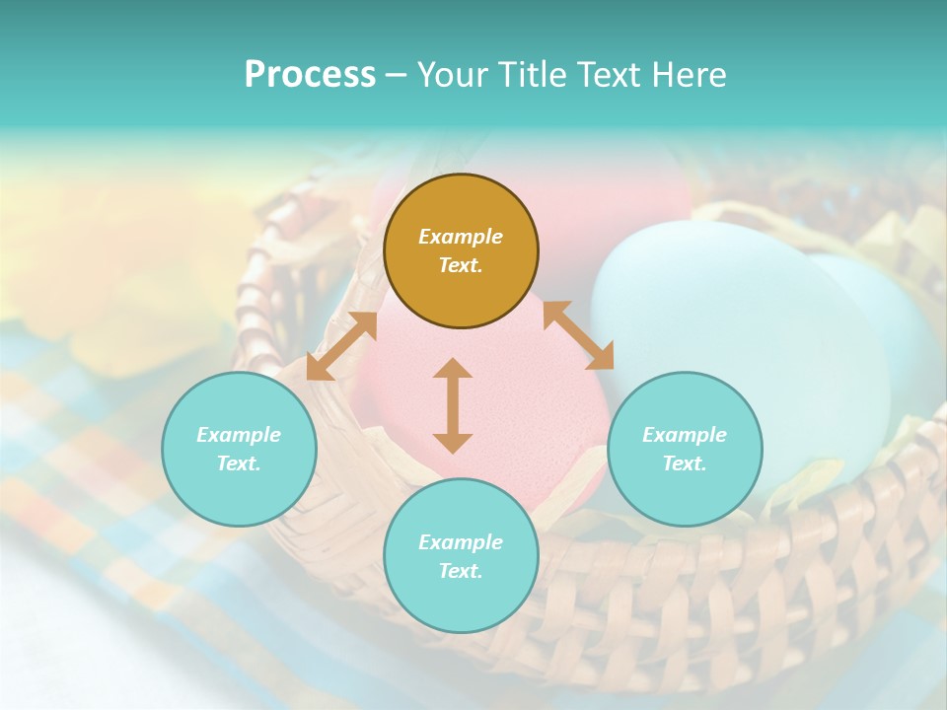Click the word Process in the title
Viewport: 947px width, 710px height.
click(310, 75)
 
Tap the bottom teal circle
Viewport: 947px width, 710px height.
click(461, 597)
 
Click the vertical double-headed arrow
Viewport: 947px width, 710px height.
click(453, 405)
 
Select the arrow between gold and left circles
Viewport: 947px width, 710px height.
click(341, 345)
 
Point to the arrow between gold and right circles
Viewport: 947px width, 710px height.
click(577, 335)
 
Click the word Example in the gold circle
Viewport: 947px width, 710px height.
click(461, 237)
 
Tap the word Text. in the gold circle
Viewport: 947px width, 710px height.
click(461, 265)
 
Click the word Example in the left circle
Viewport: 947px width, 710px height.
click(239, 435)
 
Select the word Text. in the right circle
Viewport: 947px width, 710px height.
click(685, 463)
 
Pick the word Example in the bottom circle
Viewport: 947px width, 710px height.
click(461, 542)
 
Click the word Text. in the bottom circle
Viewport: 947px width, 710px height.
click(461, 571)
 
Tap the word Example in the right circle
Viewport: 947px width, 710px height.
click(685, 435)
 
